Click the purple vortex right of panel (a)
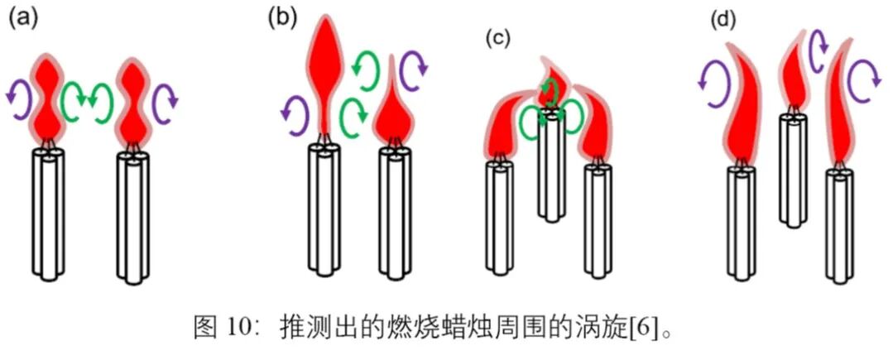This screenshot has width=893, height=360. [166, 98]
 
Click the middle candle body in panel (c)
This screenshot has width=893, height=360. [551, 174]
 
